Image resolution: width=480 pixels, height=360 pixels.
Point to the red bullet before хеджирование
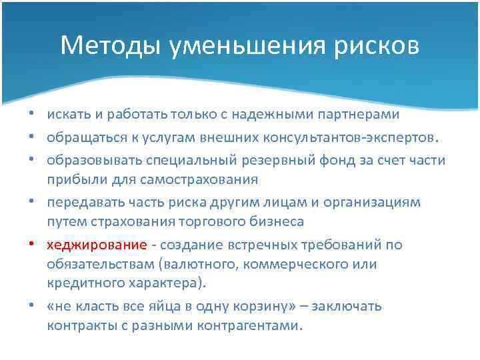point(37,245)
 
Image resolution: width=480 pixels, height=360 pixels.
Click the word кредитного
point(79,283)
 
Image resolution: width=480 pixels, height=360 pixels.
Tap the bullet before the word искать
point(37,114)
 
